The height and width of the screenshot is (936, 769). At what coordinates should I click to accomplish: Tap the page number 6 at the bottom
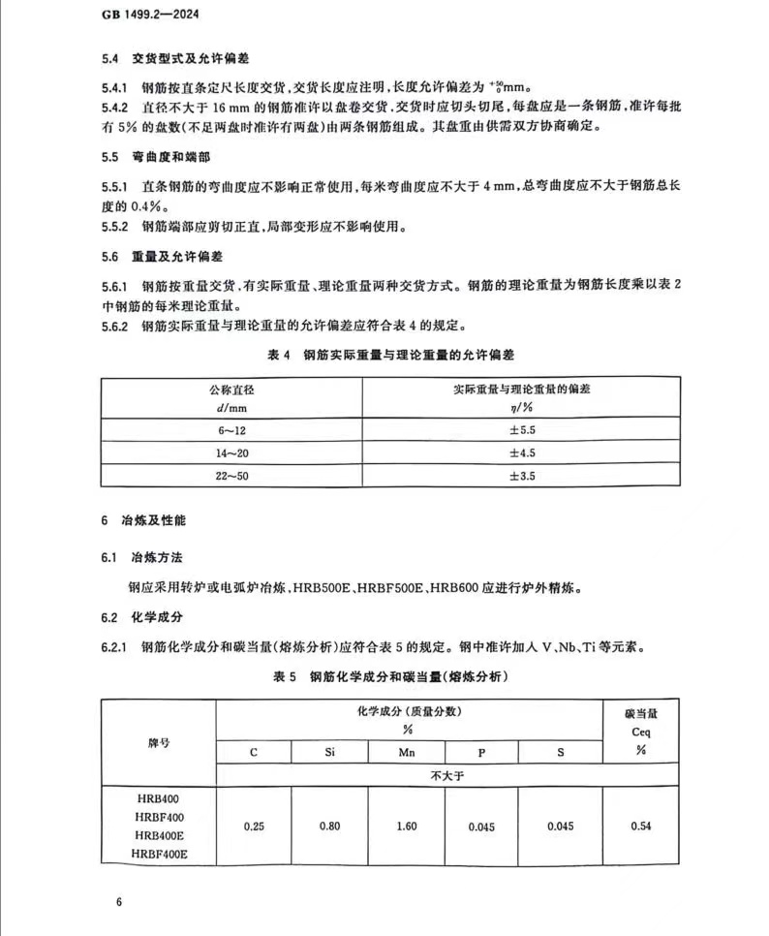pyautogui.click(x=118, y=903)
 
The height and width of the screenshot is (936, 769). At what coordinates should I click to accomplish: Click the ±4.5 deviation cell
pyautogui.click(x=522, y=452)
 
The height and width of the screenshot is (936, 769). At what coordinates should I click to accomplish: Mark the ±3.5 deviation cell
pyautogui.click(x=522, y=476)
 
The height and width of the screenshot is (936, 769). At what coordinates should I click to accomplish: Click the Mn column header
pyautogui.click(x=406, y=752)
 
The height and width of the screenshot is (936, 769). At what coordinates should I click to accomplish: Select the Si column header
pyautogui.click(x=329, y=752)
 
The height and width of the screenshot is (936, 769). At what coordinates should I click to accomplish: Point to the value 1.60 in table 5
pyautogui.click(x=406, y=826)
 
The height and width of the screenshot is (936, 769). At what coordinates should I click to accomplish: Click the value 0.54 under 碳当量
pyautogui.click(x=640, y=826)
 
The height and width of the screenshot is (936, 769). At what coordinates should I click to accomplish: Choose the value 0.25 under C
pyautogui.click(x=254, y=826)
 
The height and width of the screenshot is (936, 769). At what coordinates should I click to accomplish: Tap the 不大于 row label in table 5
pyautogui.click(x=446, y=775)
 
